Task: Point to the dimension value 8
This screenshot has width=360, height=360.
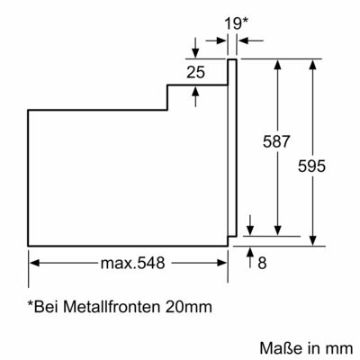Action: (x=262, y=263)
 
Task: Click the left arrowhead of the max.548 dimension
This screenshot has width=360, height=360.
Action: (x=33, y=263)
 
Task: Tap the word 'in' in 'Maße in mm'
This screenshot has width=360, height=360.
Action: (x=309, y=346)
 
